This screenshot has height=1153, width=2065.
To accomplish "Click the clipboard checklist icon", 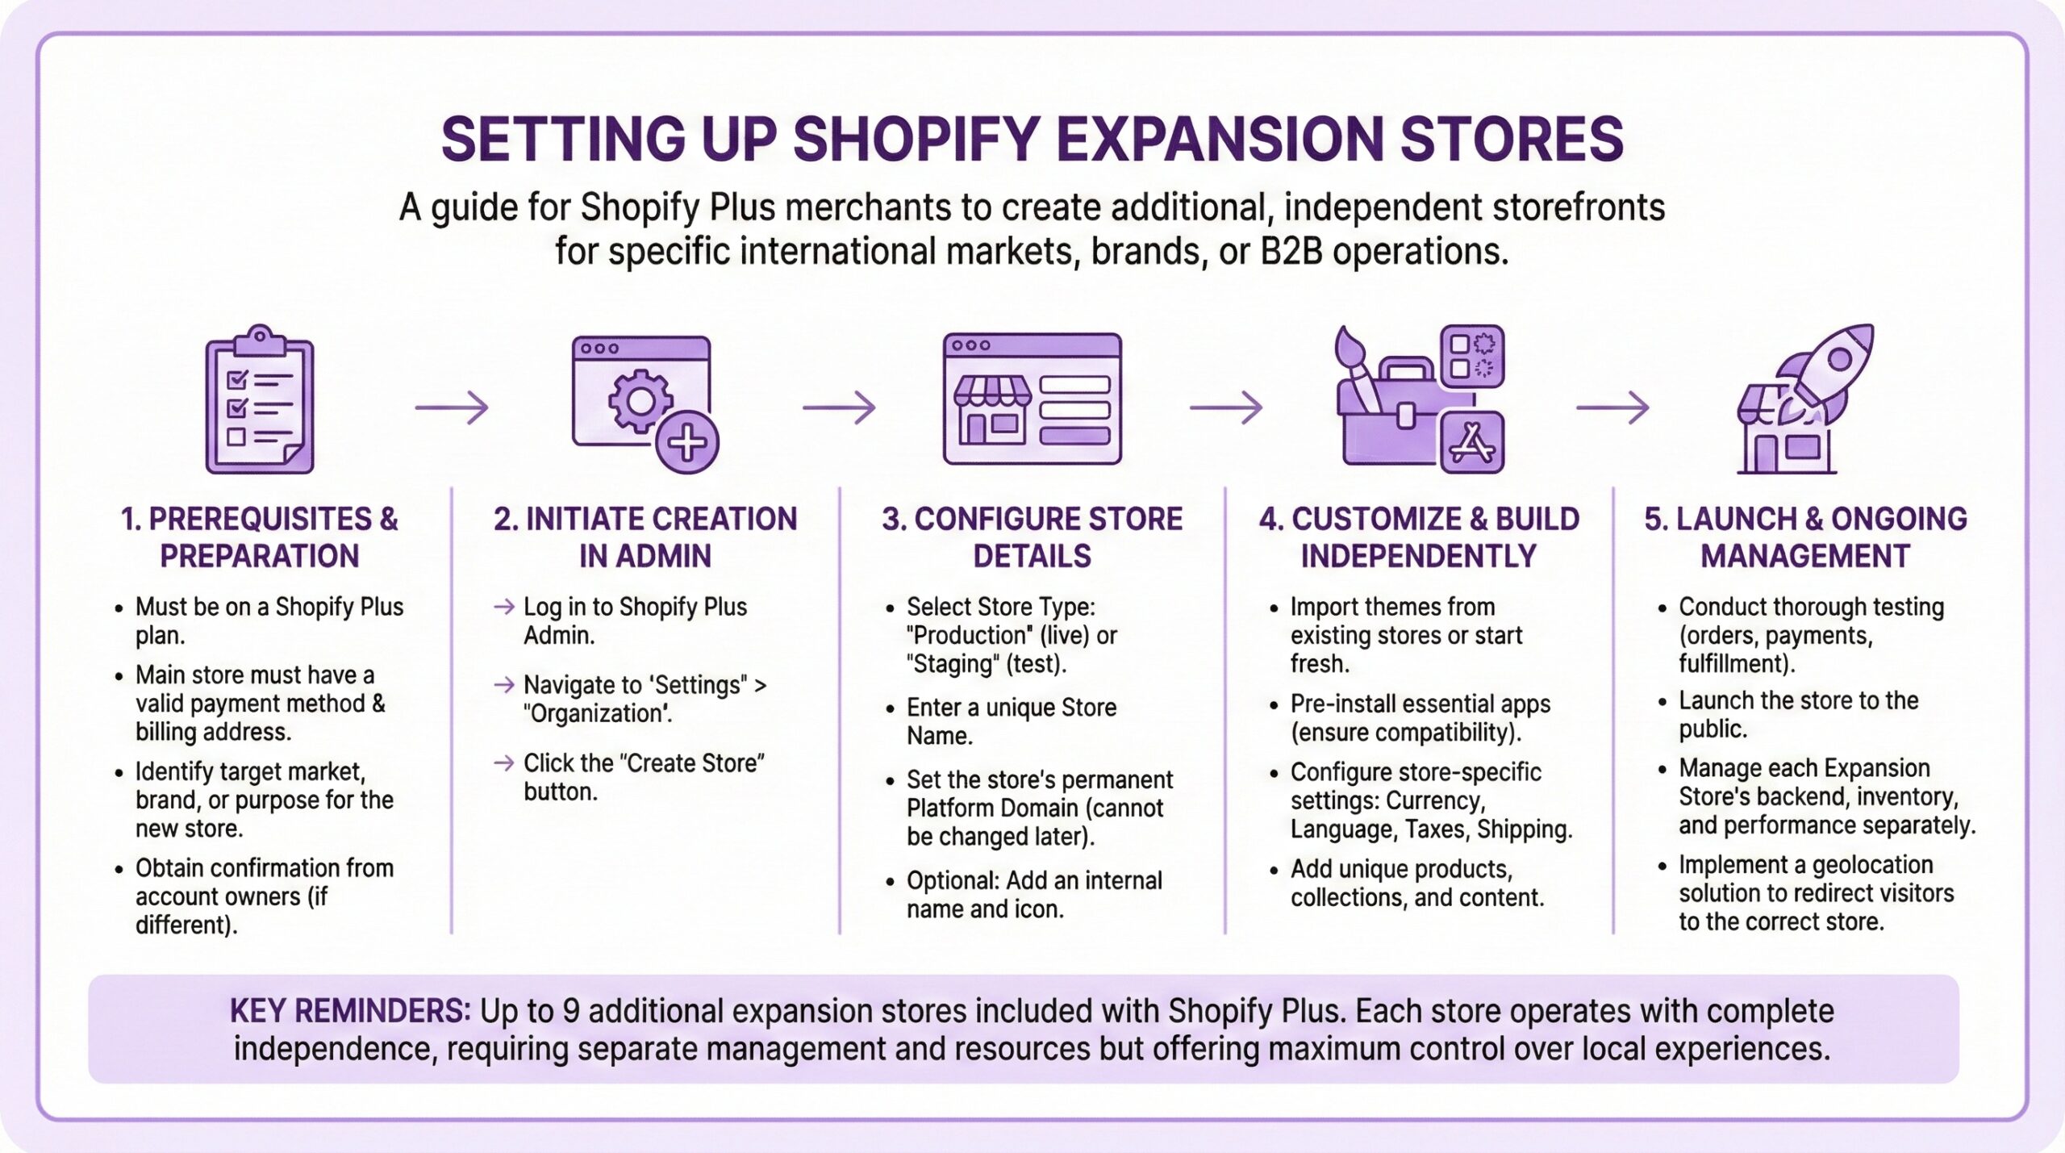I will (259, 400).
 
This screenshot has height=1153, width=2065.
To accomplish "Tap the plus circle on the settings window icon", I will (687, 443).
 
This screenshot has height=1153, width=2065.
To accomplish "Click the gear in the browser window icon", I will (640, 401).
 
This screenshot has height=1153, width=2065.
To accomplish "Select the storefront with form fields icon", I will (1032, 399).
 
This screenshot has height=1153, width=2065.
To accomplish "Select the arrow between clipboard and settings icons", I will (452, 407).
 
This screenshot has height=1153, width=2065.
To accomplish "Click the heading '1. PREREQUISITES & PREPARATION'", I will (259, 537).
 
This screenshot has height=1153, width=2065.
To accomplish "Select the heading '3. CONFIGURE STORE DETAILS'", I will (1032, 537).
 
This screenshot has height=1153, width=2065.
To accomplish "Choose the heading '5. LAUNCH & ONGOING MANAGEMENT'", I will (1805, 537).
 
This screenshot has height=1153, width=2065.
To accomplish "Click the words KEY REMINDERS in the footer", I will (349, 1011).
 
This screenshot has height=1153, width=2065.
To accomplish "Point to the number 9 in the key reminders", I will (570, 1011).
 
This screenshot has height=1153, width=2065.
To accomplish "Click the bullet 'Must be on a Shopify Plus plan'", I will (269, 620).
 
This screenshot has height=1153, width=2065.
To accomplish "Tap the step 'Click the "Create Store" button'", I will (643, 777).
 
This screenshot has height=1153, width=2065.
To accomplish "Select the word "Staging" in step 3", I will (952, 664).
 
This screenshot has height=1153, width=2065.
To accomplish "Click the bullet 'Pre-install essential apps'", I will (1420, 704).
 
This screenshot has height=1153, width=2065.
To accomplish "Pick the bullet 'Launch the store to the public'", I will (1798, 714).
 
